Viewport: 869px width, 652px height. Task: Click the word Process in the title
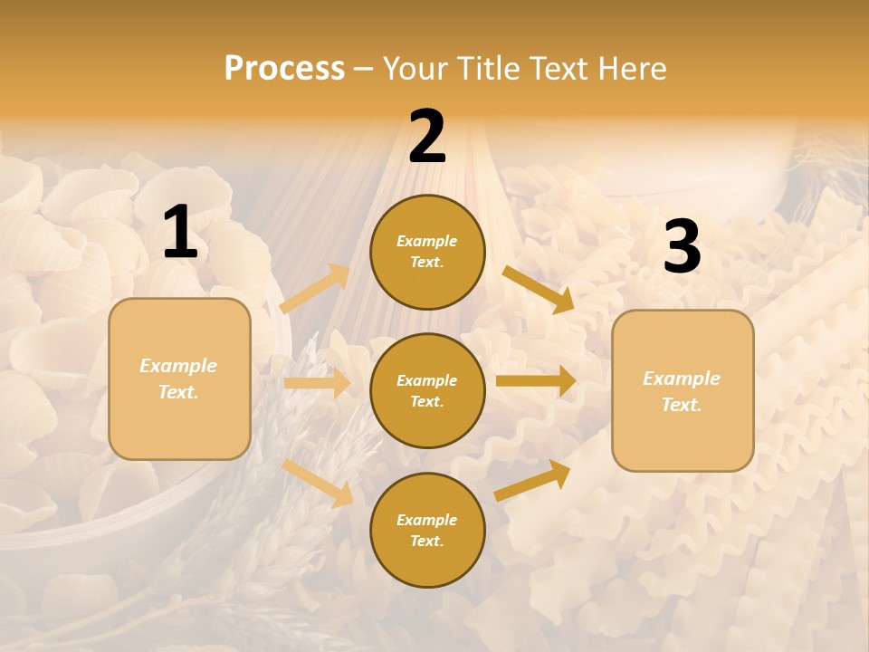(x=284, y=68)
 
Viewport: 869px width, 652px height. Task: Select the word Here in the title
(x=629, y=68)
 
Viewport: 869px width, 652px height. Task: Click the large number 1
(x=180, y=233)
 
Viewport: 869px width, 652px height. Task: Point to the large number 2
(x=427, y=137)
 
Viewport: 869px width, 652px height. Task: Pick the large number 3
(x=682, y=247)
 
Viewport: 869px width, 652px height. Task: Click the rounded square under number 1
(x=179, y=379)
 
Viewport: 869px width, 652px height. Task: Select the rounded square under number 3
(x=683, y=391)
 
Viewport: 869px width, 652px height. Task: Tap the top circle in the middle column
(x=427, y=252)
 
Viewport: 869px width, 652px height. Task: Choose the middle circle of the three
(x=427, y=390)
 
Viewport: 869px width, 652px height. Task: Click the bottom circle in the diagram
(x=427, y=530)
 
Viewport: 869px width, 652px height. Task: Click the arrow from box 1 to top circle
(x=315, y=289)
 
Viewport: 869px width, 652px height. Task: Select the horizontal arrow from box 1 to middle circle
(x=317, y=383)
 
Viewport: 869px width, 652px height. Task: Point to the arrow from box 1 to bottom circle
(x=318, y=482)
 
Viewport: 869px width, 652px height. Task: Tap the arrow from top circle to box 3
(x=538, y=289)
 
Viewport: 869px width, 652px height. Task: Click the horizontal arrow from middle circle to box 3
(x=536, y=381)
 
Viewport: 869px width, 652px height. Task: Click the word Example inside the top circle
(x=427, y=242)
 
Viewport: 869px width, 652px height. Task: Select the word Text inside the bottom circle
(x=425, y=541)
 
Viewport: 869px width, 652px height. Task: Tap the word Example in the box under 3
(x=682, y=379)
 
